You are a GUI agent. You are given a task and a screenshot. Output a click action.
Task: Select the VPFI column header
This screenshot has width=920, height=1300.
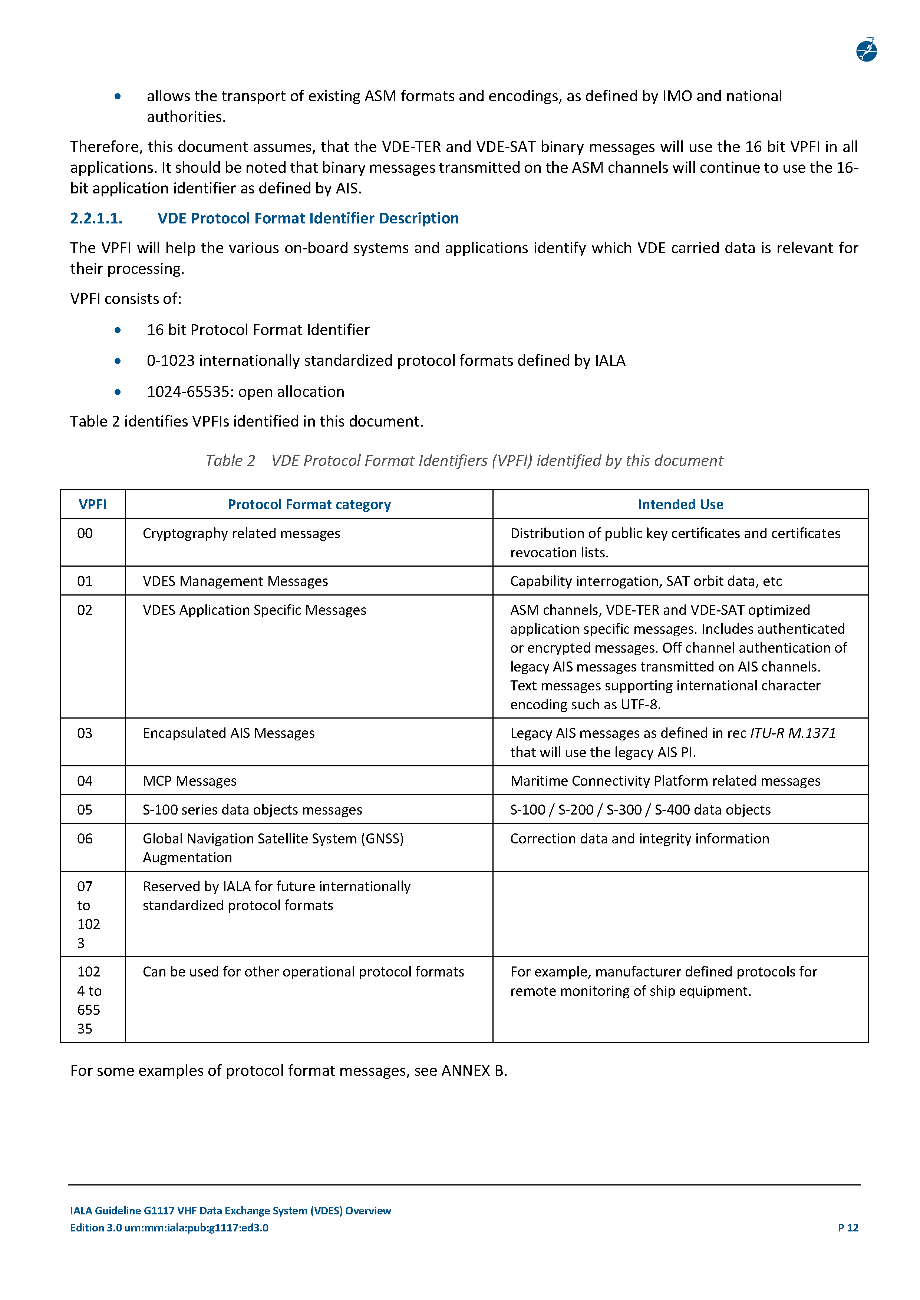point(92,504)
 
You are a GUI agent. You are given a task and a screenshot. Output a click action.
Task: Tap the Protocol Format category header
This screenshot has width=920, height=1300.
point(309,504)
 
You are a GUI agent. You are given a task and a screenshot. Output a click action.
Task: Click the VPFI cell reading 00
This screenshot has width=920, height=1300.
point(85,533)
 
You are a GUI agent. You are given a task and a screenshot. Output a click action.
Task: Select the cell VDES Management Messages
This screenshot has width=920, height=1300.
point(235,581)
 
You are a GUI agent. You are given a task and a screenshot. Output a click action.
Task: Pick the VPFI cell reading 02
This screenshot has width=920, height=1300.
point(85,610)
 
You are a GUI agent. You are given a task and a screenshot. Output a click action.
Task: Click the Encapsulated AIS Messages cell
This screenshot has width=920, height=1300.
point(228,733)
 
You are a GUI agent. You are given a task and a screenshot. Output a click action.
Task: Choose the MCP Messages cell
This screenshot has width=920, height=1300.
point(189,781)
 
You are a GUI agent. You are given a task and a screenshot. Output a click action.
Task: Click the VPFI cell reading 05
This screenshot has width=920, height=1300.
point(85,810)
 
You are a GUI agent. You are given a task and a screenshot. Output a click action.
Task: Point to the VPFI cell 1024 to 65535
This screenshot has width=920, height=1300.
point(89,999)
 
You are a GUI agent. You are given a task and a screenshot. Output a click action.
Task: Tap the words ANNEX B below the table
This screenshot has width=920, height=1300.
point(473,1071)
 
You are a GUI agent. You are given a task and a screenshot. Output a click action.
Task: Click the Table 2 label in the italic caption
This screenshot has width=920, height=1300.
point(230,461)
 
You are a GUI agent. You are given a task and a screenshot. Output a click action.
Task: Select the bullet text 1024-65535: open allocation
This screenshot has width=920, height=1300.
point(245,392)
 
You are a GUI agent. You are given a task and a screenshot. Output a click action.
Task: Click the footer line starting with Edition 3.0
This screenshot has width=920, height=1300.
point(169,1227)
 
